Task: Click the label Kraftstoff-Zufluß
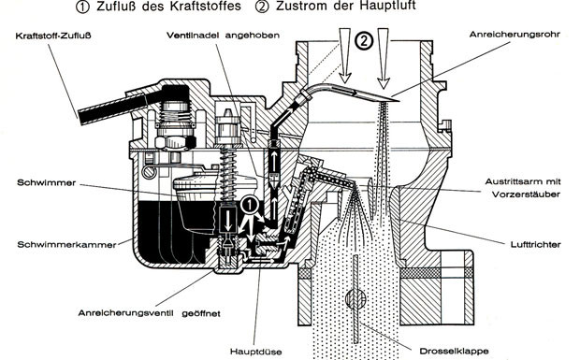[53, 36]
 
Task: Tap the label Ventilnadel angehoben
[223, 36]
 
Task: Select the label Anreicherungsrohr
[515, 35]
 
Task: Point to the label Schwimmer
[46, 182]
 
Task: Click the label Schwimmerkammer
[66, 244]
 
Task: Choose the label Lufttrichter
[536, 244]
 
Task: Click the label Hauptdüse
[255, 352]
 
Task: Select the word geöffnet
[201, 313]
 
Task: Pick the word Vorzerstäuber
[526, 194]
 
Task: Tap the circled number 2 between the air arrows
[364, 41]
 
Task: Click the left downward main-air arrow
[345, 55]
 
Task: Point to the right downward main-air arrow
[384, 58]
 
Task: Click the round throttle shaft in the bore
[355, 297]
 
